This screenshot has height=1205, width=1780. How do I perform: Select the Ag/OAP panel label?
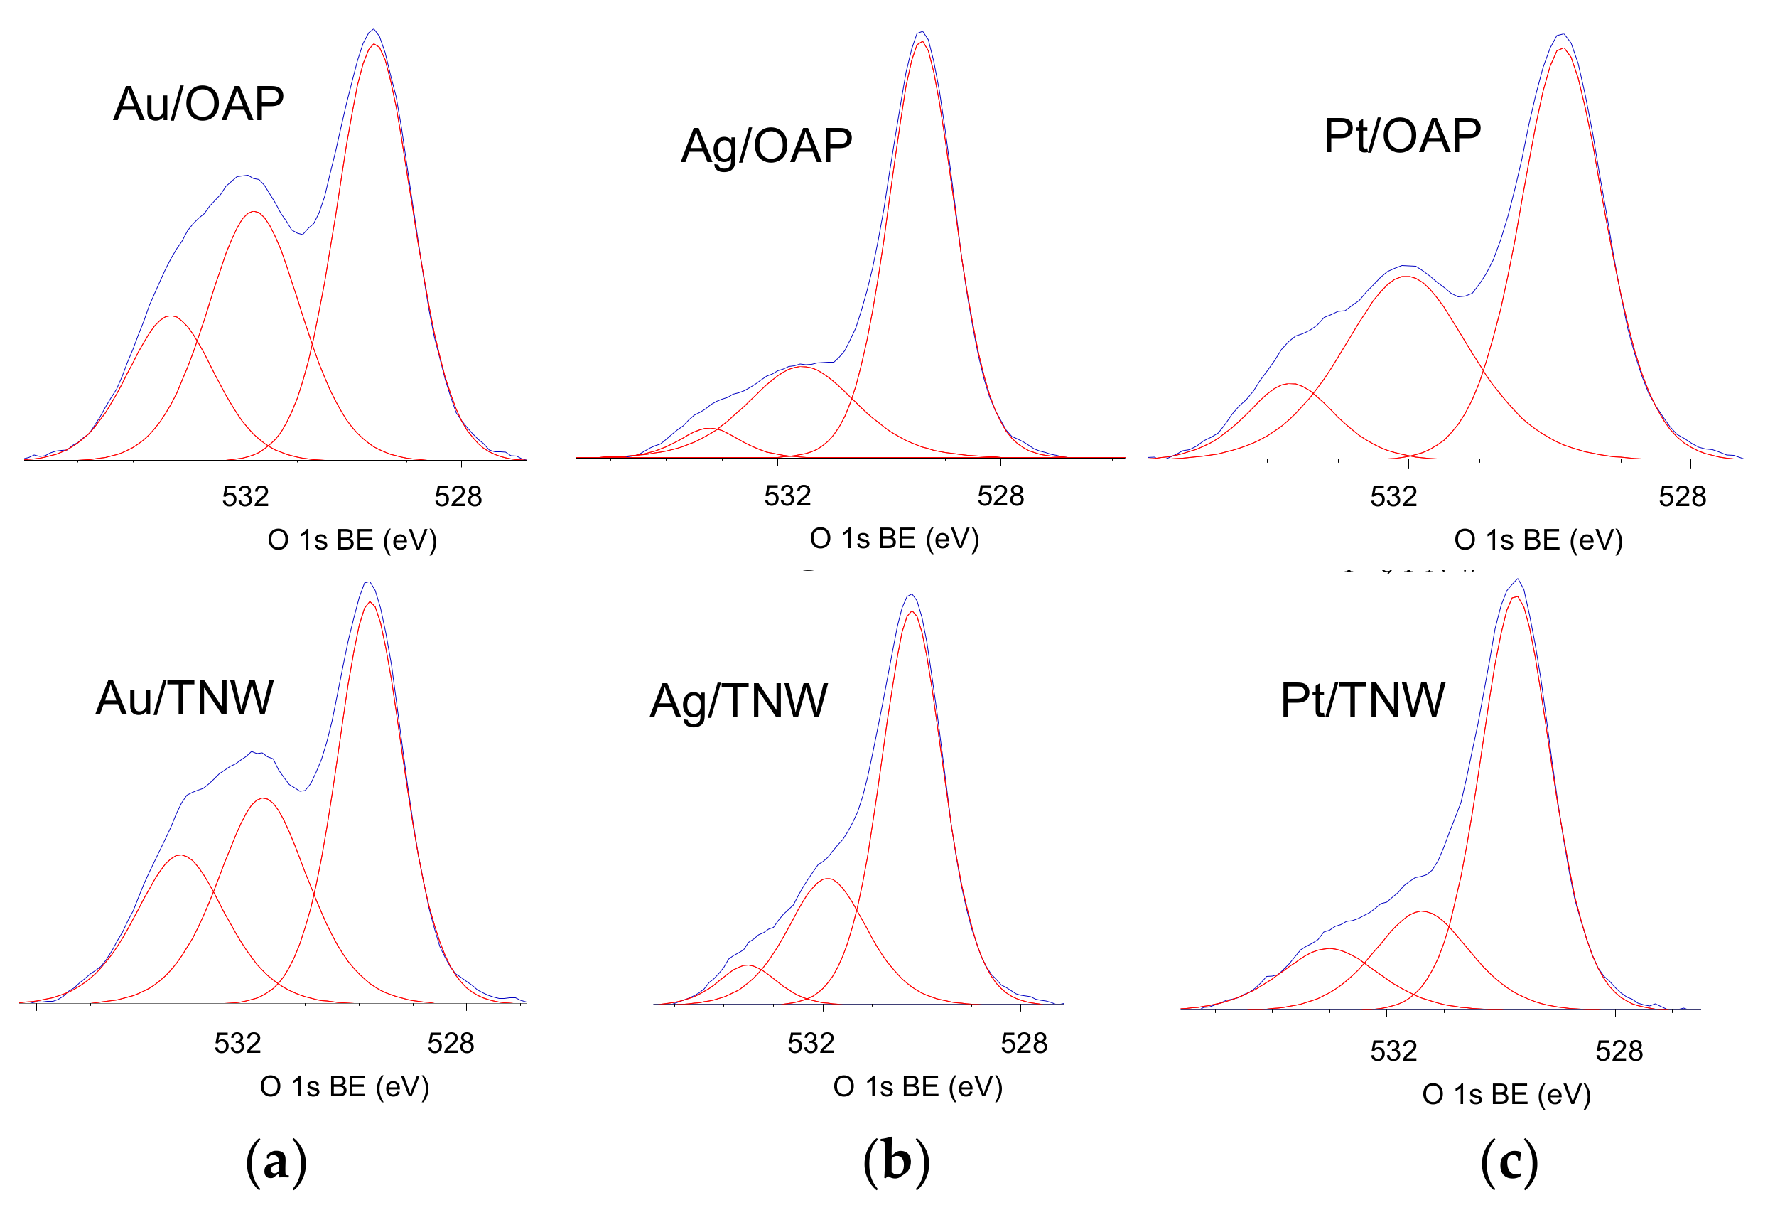pyautogui.click(x=766, y=146)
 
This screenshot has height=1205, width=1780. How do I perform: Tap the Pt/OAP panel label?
pyautogui.click(x=1402, y=136)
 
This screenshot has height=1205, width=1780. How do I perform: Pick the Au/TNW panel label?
pyautogui.click(x=184, y=698)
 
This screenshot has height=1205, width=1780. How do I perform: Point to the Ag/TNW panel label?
pyautogui.click(x=738, y=700)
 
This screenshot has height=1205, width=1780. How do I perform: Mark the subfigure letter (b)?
pyautogui.click(x=896, y=1162)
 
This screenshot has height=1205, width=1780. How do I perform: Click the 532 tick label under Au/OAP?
pyautogui.click(x=245, y=497)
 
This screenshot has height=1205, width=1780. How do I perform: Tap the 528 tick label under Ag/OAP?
pyautogui.click(x=1000, y=496)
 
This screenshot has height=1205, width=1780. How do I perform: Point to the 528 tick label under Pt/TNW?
pyautogui.click(x=1619, y=1051)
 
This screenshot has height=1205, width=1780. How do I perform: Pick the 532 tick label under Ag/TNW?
pyautogui.click(x=810, y=1044)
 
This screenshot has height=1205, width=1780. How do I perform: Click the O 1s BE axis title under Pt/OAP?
pyautogui.click(x=1538, y=540)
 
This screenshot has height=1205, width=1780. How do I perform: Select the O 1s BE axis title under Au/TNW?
pyautogui.click(x=344, y=1086)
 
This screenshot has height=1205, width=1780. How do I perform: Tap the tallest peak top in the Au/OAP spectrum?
pyautogui.click(x=373, y=31)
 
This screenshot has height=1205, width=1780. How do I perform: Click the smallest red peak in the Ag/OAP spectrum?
pyautogui.click(x=709, y=429)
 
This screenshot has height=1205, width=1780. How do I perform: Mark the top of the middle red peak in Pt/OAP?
pyautogui.click(x=1406, y=277)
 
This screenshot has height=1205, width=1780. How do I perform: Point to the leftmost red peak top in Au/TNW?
pyautogui.click(x=180, y=856)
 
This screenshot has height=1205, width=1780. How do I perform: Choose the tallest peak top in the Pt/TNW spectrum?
pyautogui.click(x=1516, y=581)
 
